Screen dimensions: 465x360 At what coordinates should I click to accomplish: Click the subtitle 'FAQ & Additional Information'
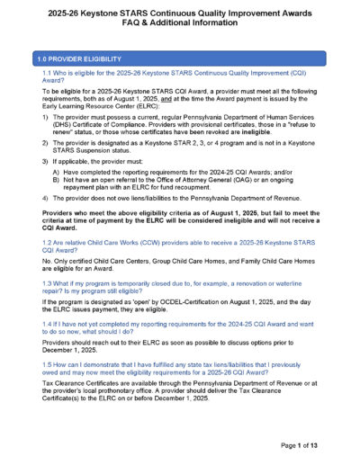pos(179,28)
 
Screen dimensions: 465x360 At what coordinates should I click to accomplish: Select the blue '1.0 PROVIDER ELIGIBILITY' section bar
pos(179,58)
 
